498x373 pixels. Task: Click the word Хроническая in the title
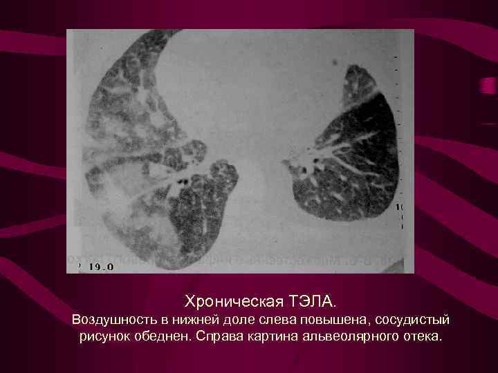click(227, 301)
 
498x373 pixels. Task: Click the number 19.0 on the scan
click(98, 265)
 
